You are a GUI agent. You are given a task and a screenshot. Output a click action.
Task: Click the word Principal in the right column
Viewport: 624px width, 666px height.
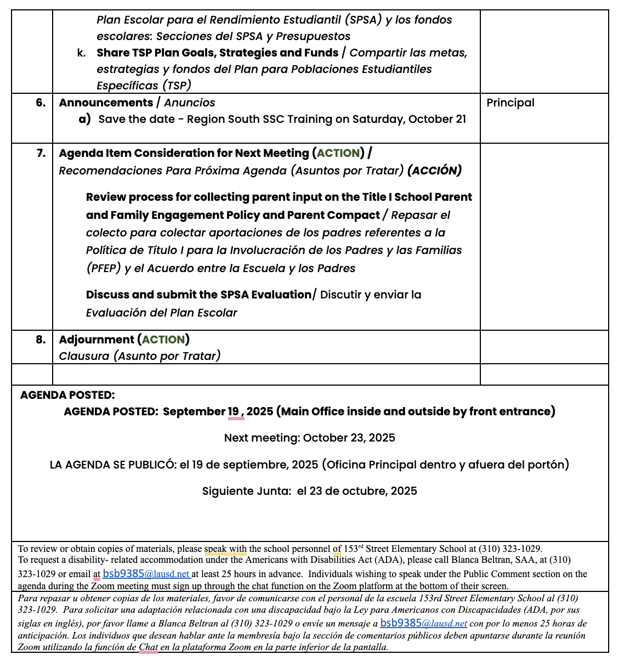(510, 103)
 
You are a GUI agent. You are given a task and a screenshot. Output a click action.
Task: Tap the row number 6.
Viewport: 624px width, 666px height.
(41, 103)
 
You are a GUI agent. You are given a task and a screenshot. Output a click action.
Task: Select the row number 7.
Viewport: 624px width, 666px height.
(41, 153)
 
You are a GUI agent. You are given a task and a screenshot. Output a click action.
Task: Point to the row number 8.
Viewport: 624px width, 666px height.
(41, 340)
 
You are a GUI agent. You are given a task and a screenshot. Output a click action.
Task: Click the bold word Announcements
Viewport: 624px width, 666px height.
(106, 103)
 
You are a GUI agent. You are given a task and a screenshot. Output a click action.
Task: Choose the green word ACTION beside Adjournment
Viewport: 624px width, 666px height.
(163, 340)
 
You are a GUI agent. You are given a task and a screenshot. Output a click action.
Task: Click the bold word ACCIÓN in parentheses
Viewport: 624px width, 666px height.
(434, 171)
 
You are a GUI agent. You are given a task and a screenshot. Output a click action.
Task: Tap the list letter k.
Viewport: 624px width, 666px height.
(81, 53)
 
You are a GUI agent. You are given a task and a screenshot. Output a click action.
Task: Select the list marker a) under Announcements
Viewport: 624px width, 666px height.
(84, 119)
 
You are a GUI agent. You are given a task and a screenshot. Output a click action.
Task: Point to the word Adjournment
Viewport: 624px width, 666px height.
(97, 340)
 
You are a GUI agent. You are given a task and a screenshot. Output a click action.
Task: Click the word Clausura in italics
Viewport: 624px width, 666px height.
(84, 356)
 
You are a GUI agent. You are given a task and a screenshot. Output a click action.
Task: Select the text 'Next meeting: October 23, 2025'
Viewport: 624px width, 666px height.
(309, 438)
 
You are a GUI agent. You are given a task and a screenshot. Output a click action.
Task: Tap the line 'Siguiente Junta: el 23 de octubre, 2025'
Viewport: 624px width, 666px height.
(309, 491)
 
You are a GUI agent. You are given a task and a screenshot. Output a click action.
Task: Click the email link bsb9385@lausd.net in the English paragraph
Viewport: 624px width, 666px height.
(146, 574)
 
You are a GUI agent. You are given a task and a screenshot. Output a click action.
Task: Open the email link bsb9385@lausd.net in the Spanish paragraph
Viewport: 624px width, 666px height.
(423, 623)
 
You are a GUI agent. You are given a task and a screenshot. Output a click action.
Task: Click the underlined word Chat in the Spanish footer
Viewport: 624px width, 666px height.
(148, 647)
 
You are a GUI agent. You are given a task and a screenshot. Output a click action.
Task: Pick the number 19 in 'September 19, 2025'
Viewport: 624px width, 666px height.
(234, 411)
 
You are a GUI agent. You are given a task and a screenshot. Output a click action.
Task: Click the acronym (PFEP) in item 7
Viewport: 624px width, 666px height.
(103, 268)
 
